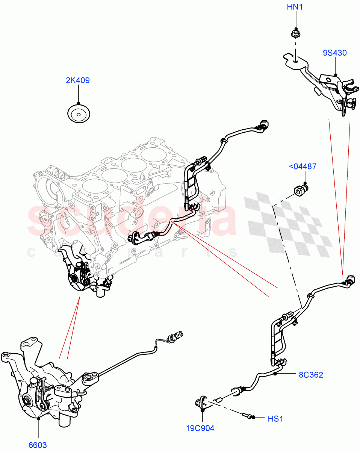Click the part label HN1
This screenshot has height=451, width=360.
point(295,8)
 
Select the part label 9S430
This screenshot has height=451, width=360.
point(334,53)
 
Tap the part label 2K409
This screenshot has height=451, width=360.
point(78,80)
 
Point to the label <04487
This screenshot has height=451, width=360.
point(303,166)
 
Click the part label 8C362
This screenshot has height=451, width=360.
point(311,375)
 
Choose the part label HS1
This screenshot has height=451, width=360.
point(275,418)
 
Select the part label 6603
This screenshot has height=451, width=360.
point(38,445)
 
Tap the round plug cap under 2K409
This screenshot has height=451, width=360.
point(79,114)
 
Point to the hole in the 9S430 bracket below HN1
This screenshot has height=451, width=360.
point(296,58)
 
